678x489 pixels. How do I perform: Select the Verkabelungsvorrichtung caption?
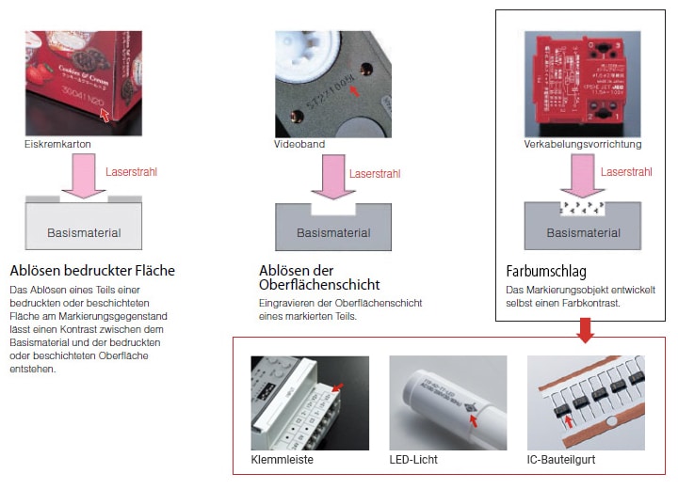(x=583, y=145)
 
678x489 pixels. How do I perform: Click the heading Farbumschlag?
(x=545, y=273)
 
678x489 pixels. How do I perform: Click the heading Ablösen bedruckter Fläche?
(x=92, y=271)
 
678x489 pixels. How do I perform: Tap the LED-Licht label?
(x=413, y=460)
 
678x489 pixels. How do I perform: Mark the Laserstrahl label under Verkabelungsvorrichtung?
(x=625, y=172)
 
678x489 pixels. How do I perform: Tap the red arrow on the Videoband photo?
(x=353, y=91)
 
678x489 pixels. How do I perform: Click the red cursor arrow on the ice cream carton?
(x=105, y=115)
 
